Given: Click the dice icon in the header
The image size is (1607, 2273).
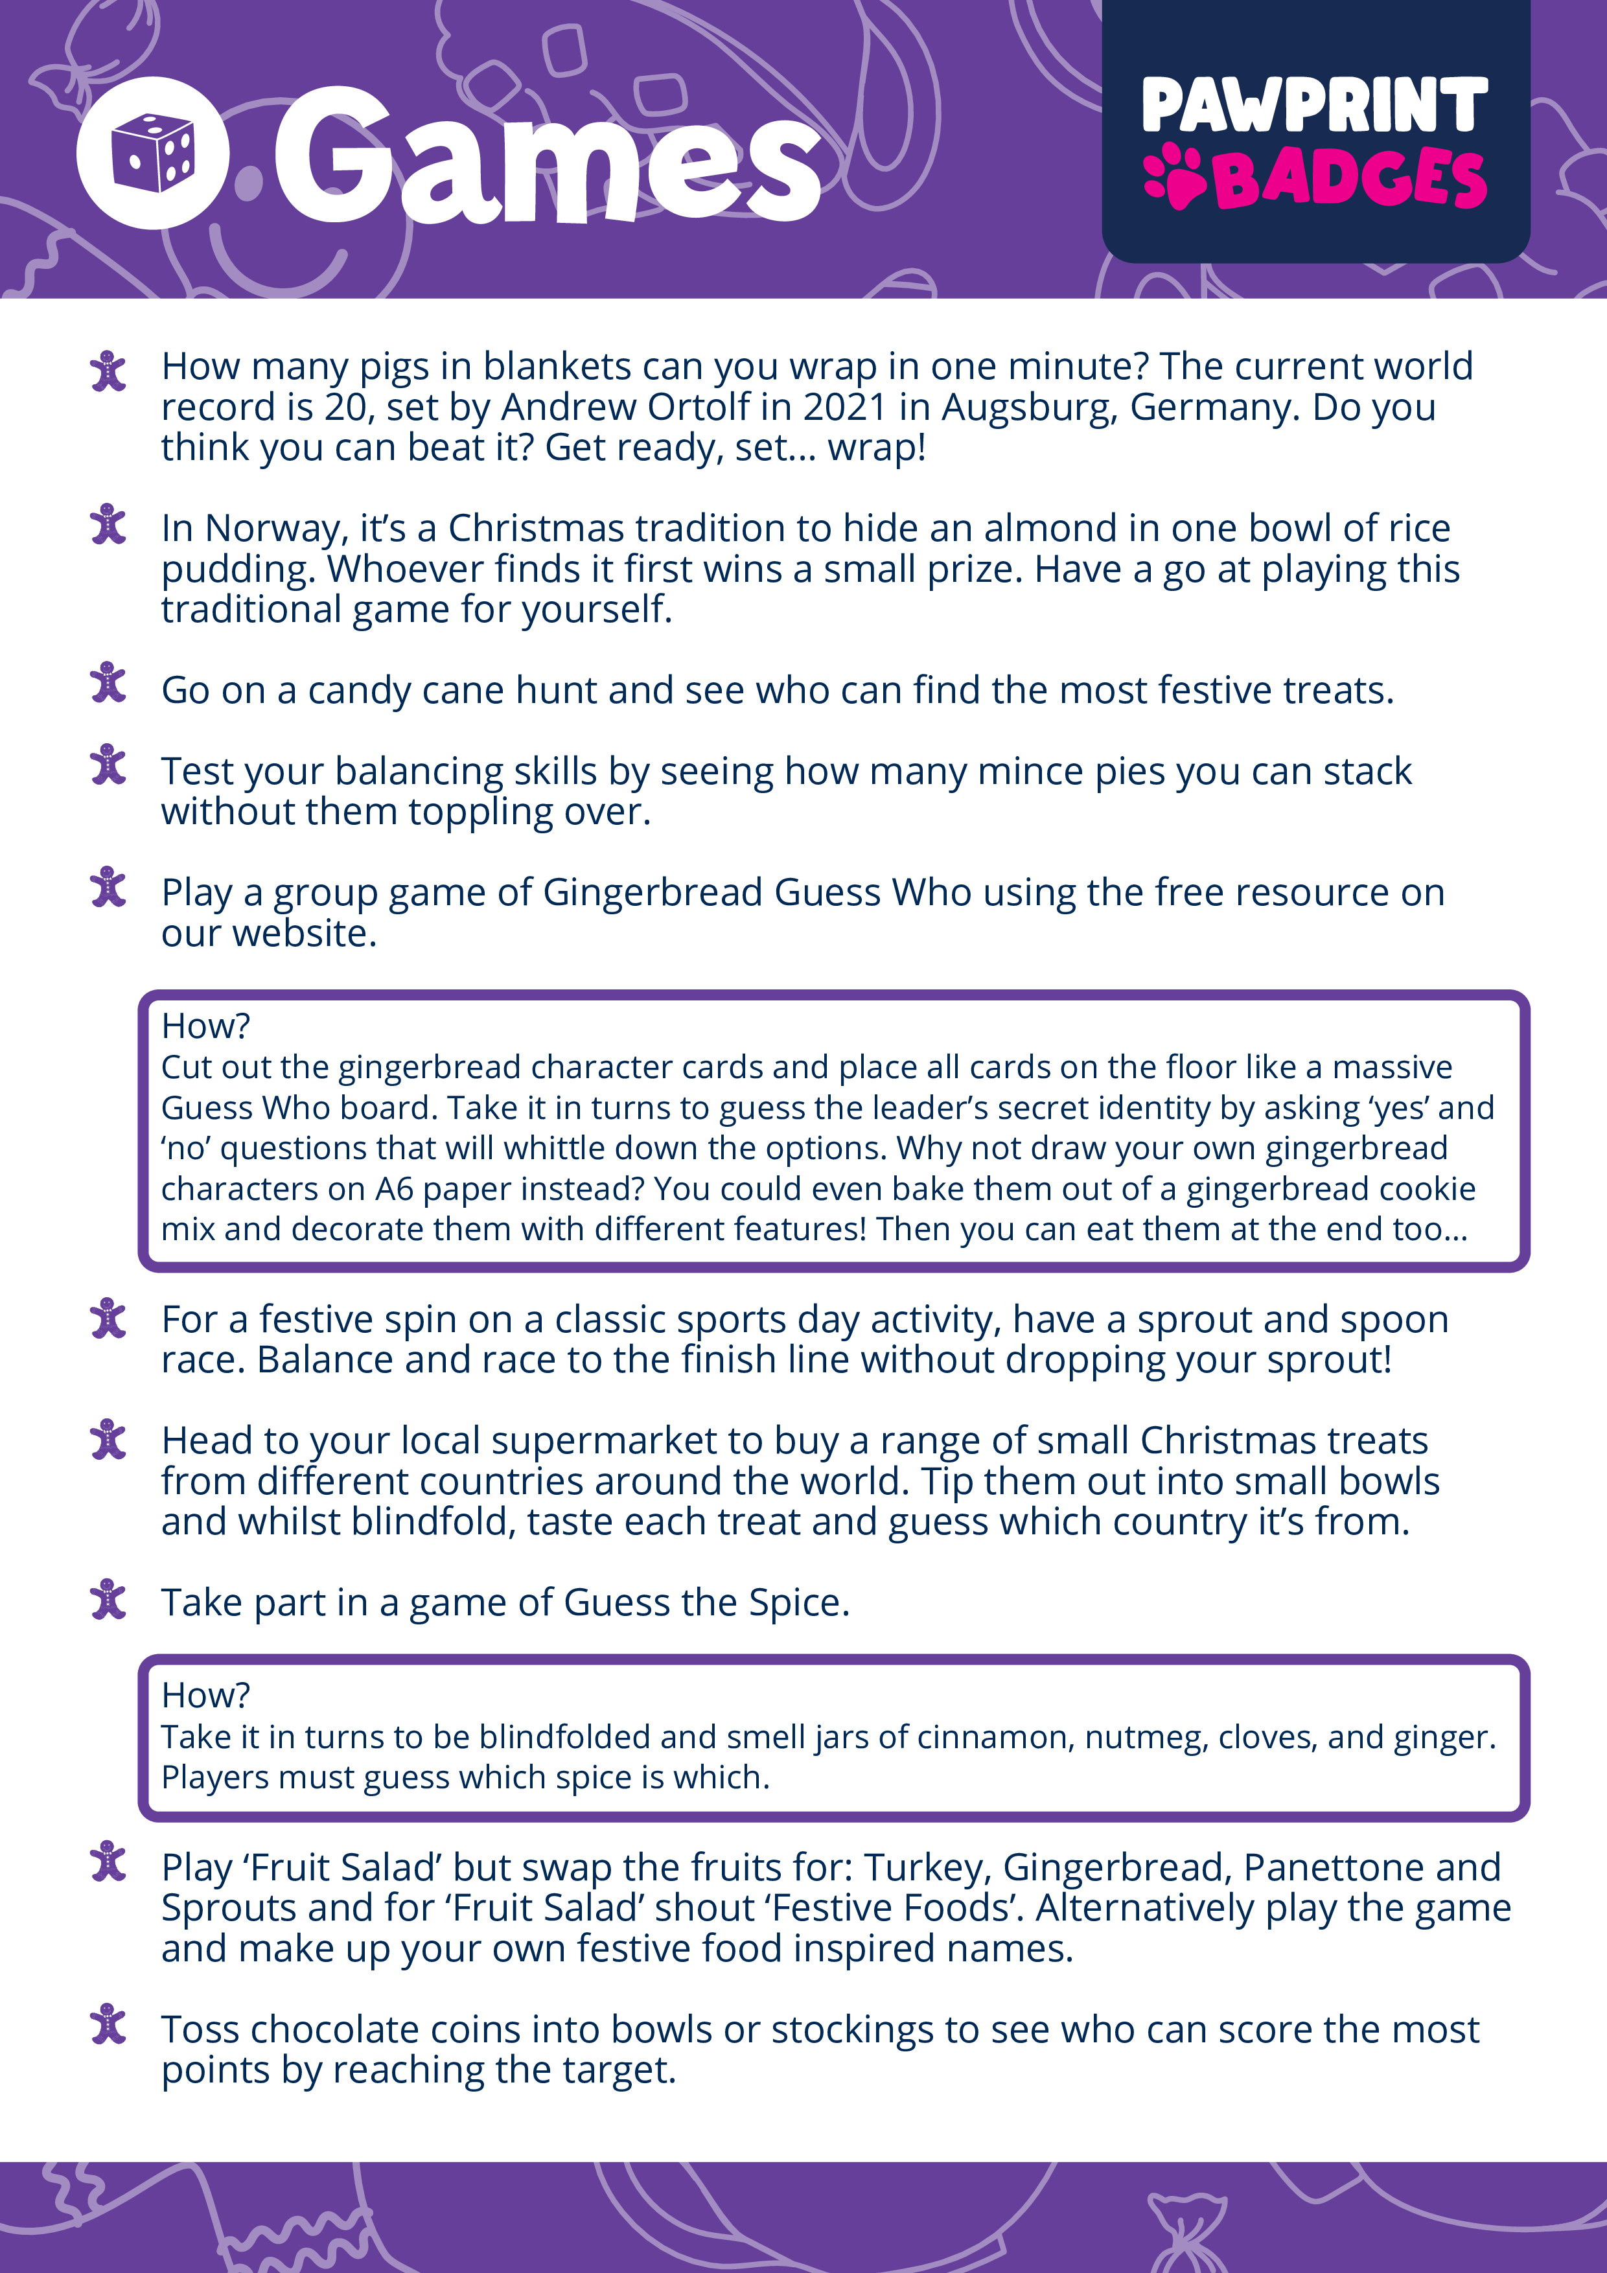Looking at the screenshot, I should pos(152,154).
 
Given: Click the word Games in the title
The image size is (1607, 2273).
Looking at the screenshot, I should pos(546,156).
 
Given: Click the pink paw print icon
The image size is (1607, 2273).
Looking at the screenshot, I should pos(1174,177).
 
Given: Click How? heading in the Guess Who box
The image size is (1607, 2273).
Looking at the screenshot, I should pos(205,1026).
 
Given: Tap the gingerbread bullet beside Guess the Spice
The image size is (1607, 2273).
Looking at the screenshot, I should pos(108,1601).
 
